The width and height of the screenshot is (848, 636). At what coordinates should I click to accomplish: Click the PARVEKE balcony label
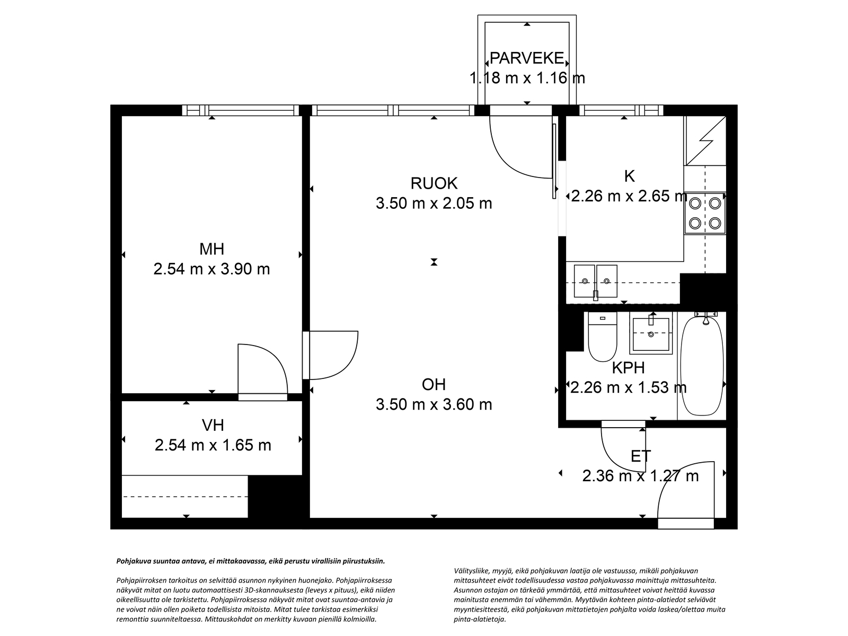point(527,58)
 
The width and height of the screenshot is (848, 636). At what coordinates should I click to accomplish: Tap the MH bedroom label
point(211,249)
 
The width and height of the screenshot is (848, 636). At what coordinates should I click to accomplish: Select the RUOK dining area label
point(434,183)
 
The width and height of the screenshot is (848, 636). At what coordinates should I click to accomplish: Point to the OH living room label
point(434,384)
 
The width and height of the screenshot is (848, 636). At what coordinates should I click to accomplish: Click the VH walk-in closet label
point(213,425)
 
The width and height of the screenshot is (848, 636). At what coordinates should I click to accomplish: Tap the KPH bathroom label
point(628,368)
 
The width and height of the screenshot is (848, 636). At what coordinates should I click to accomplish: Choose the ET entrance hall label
point(641,456)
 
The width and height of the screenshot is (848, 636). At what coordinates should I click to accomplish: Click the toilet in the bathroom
point(602,337)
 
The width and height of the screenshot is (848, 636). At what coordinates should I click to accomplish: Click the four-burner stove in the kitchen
point(705,213)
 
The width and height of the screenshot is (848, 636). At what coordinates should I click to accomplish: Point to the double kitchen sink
point(595,281)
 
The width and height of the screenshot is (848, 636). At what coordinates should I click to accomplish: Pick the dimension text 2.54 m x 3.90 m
point(211,269)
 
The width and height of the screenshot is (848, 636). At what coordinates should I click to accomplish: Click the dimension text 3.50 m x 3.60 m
point(434,404)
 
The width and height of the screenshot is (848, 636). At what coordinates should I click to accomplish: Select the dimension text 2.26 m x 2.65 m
point(629,196)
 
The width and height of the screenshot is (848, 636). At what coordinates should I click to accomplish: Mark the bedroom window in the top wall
point(241,110)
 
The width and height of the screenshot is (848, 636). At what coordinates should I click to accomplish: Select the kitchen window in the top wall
point(621,110)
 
